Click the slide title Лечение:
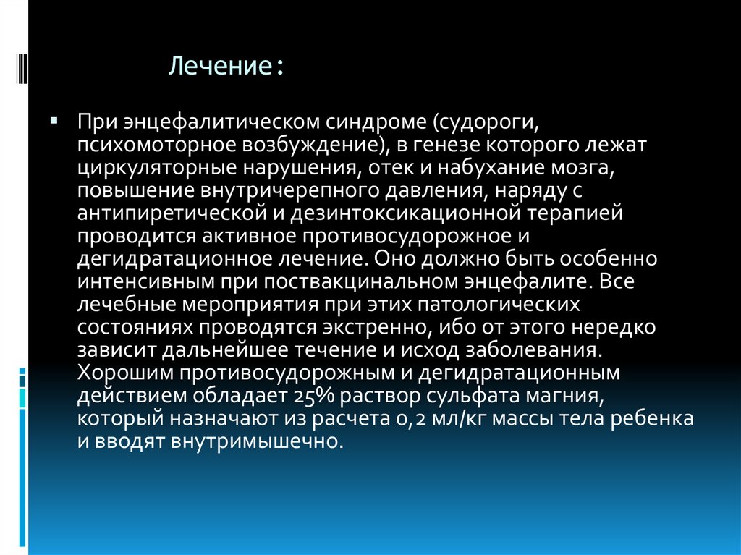point(226,67)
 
